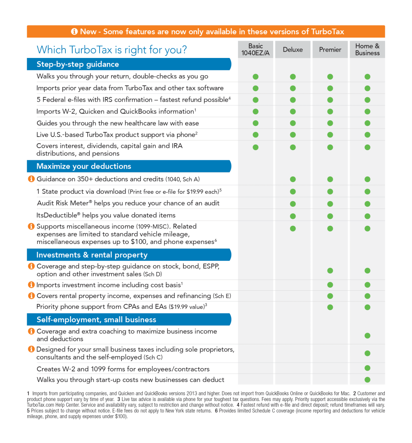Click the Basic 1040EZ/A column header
click(x=255, y=49)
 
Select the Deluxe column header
click(x=293, y=49)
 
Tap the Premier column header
click(x=330, y=49)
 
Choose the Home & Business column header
click(x=367, y=49)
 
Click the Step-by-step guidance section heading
click(x=78, y=64)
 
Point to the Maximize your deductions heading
click(x=84, y=166)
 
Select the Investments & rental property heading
click(x=92, y=255)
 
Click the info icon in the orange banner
click(x=74, y=31)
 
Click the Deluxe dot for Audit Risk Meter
click(x=293, y=204)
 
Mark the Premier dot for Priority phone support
click(x=330, y=307)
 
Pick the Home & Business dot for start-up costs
click(x=367, y=380)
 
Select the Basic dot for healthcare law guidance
click(x=255, y=123)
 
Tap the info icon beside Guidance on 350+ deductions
click(x=31, y=179)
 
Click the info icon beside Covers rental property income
click(x=31, y=295)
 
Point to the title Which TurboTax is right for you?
click(x=112, y=50)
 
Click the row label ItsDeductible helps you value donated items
click(x=106, y=215)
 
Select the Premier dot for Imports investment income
click(x=330, y=285)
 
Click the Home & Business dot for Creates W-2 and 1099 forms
click(x=367, y=368)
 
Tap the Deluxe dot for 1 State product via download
click(x=293, y=192)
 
